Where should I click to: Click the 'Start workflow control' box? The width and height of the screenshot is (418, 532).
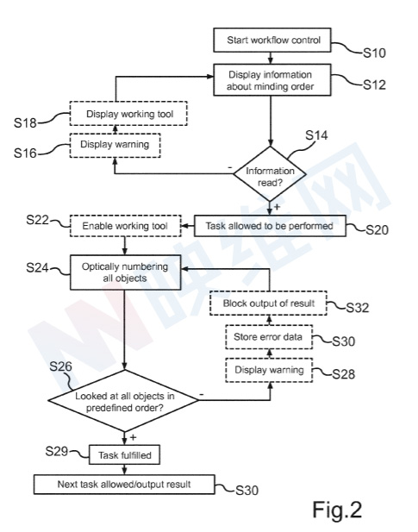[x=271, y=40]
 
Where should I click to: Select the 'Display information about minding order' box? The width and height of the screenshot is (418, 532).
[x=271, y=80]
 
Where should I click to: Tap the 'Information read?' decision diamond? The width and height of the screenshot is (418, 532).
[x=270, y=173]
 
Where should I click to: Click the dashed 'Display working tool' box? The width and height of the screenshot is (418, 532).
[x=128, y=114]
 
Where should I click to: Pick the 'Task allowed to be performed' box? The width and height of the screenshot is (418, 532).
[x=270, y=226]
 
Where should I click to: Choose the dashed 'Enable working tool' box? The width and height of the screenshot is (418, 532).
[x=126, y=226]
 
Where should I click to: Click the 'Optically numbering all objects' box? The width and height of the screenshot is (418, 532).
[x=125, y=272]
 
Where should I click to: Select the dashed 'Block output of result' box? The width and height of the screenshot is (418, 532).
[x=269, y=304]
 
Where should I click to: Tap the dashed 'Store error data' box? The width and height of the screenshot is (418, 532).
[x=269, y=337]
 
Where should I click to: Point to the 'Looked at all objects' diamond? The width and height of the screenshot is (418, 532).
[x=124, y=401]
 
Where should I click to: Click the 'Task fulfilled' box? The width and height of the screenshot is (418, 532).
[x=124, y=455]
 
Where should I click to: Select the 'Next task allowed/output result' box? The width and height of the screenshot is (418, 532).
[x=124, y=485]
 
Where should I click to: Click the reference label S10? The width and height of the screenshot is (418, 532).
[x=374, y=53]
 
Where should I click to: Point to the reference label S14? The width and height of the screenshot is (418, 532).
[x=316, y=135]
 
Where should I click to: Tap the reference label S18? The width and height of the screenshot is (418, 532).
[x=25, y=122]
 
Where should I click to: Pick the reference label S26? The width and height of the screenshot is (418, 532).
[x=60, y=366]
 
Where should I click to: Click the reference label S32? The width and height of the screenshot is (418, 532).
[x=358, y=308]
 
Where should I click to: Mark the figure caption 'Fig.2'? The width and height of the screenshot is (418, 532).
[x=337, y=510]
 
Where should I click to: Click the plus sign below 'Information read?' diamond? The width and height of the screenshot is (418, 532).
[x=277, y=206]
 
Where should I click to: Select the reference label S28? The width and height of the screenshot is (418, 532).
[x=343, y=374]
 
